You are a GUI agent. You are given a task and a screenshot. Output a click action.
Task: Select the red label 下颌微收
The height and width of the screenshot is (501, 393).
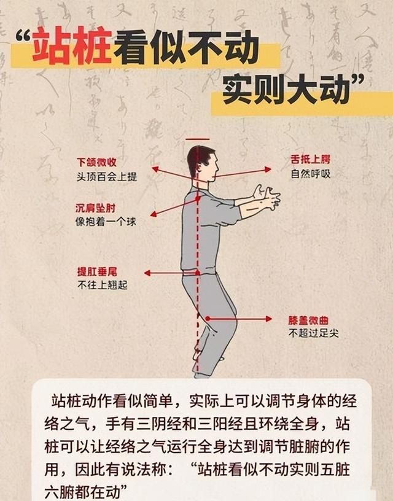96,163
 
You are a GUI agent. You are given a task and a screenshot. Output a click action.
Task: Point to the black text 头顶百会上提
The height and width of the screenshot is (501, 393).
106,176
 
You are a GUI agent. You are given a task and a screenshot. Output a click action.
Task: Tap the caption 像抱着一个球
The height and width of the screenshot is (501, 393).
106,221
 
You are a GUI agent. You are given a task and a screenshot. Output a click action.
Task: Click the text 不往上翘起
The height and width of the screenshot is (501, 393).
102,285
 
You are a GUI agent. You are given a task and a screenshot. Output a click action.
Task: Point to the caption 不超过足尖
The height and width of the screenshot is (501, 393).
313,333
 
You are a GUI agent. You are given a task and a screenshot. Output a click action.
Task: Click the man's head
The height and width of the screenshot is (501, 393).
201,162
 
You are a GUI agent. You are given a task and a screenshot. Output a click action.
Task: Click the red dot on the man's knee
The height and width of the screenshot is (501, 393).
208,318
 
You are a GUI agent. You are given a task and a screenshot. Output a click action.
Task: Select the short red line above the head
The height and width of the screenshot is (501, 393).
197,139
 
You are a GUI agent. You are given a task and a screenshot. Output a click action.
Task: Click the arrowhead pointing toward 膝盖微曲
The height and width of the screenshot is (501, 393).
268,319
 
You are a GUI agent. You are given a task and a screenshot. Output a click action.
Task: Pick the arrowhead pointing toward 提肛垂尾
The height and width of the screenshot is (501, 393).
147,273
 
